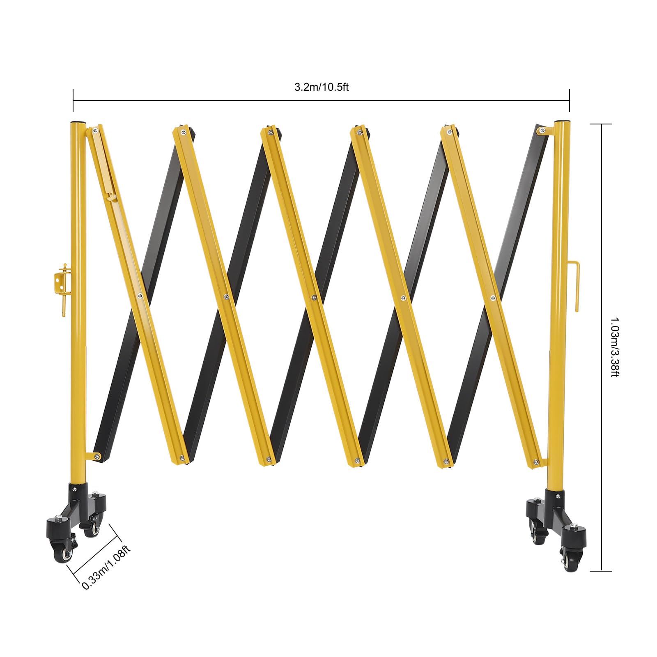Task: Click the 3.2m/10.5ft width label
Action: coord(321,87)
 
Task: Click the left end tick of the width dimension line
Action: coord(73,100)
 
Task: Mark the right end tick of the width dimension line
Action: coord(569,100)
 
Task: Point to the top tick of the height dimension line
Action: coord(601,124)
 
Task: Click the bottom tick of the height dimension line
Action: coord(601,571)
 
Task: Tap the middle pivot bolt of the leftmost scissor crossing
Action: coord(140,295)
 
